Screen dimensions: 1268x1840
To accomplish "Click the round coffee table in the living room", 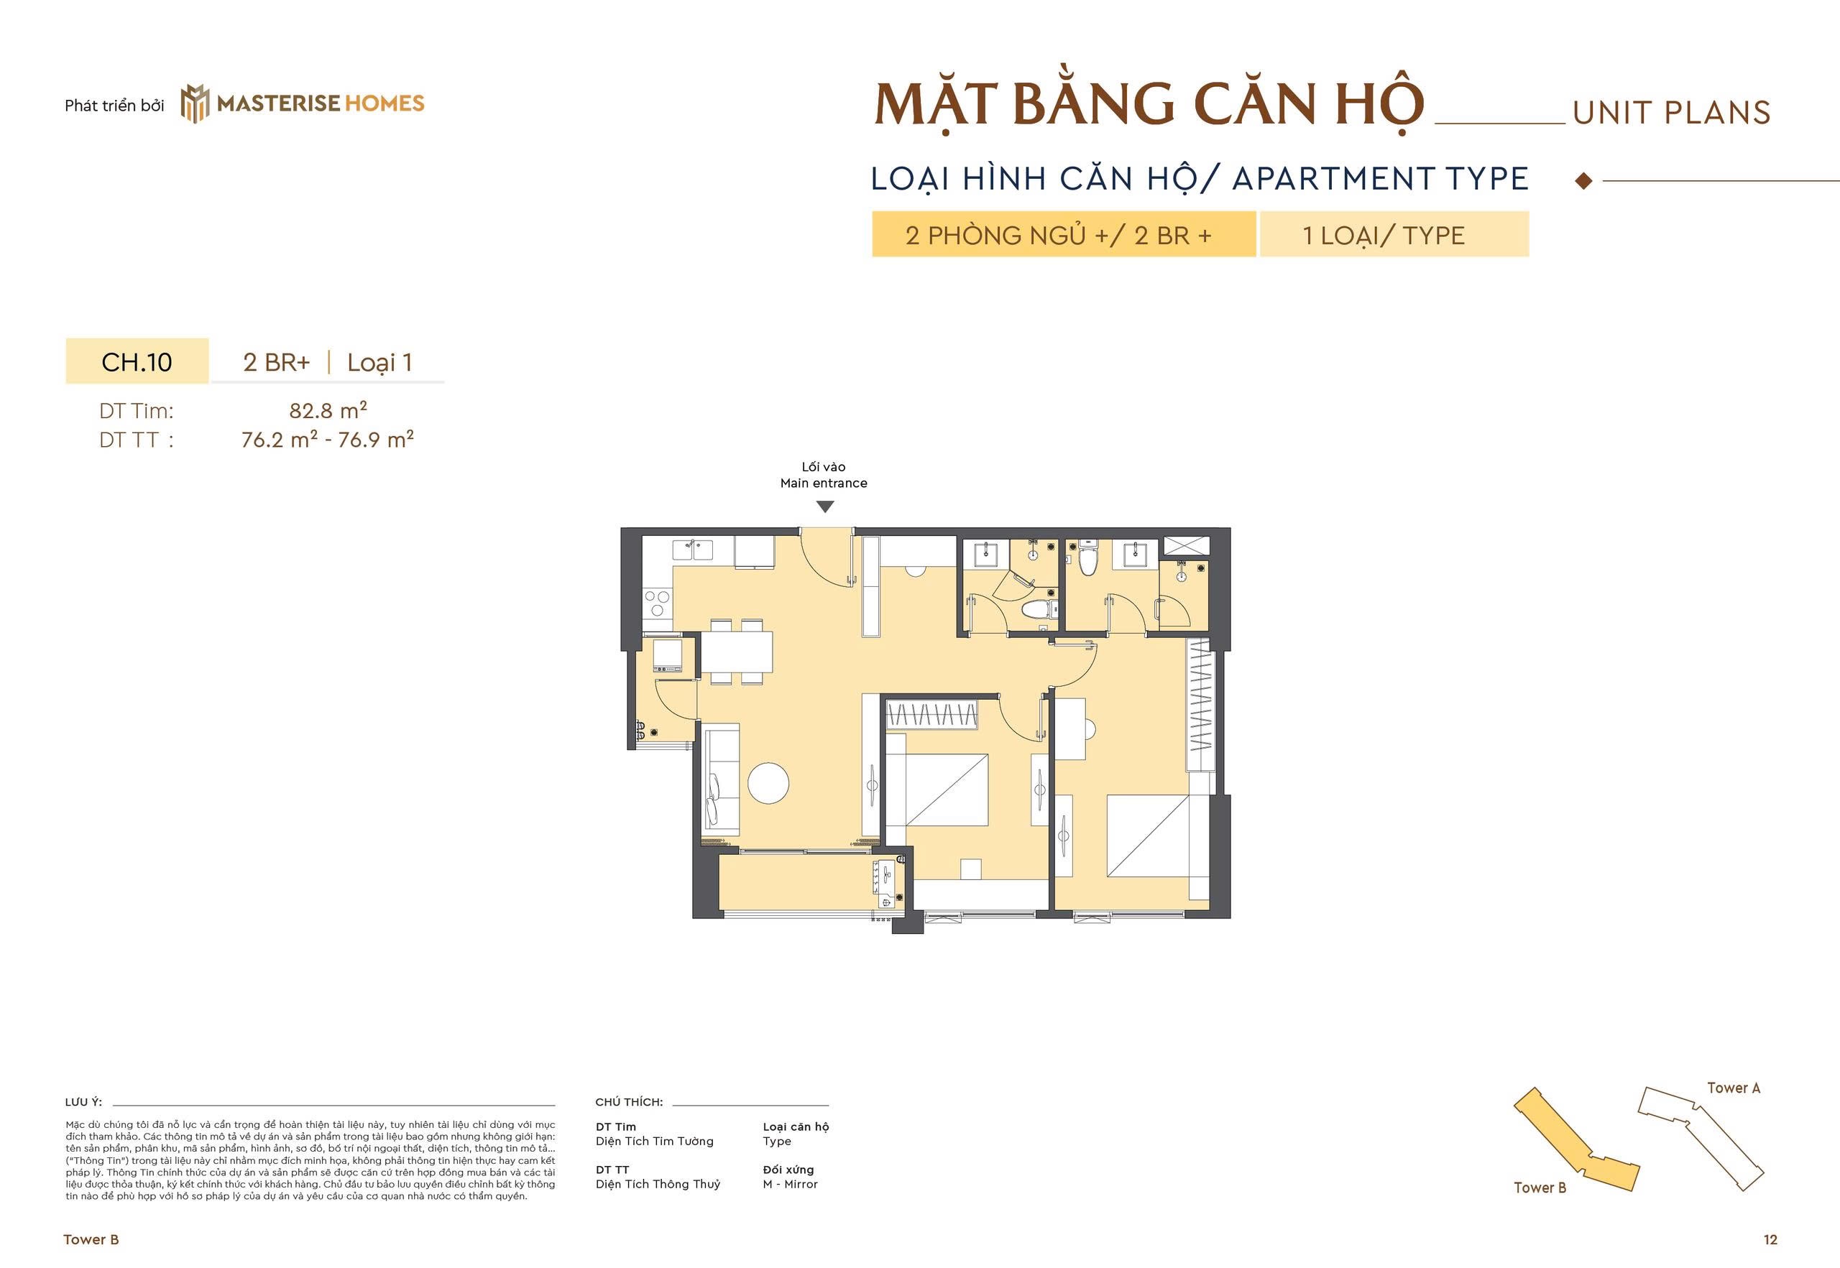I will click(x=768, y=782).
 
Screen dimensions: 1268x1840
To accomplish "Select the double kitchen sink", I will click(x=692, y=550).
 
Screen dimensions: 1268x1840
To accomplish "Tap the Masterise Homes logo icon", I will click(x=195, y=103).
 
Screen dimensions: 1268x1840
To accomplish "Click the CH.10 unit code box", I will click(x=137, y=361).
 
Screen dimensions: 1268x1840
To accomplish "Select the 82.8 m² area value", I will click(x=328, y=411).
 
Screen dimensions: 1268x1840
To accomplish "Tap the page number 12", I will click(x=1770, y=1239).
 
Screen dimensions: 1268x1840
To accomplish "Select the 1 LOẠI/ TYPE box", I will click(x=1394, y=234).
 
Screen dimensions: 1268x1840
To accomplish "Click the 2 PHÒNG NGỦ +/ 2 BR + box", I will click(x=1062, y=234).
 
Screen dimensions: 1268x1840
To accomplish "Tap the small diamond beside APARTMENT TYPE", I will click(x=1583, y=181).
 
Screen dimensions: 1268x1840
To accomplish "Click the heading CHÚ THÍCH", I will click(x=628, y=1102).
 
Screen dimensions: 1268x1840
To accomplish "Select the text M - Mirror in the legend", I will click(x=790, y=1184).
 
